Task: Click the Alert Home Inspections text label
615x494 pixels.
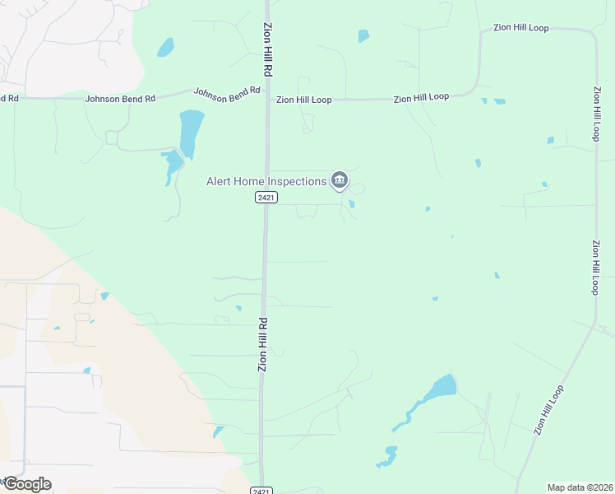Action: click(266, 180)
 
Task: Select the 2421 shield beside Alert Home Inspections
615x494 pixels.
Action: click(266, 198)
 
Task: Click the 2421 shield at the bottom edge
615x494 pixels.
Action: click(261, 490)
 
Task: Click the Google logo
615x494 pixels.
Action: click(26, 484)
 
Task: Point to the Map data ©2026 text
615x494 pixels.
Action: click(580, 487)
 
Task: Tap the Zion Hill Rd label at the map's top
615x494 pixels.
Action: click(267, 50)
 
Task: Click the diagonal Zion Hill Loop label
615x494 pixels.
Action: click(549, 409)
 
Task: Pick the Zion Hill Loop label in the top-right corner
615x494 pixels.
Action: click(520, 28)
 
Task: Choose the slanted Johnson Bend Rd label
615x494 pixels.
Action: click(227, 93)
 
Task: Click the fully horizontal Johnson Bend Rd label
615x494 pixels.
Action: click(120, 99)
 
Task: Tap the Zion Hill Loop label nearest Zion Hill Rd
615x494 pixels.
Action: click(303, 100)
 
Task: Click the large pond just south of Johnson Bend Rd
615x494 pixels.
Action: click(191, 132)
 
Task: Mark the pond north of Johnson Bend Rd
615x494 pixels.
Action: click(165, 47)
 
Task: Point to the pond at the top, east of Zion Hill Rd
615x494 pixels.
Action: click(363, 35)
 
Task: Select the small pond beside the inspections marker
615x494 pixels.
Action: click(352, 203)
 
